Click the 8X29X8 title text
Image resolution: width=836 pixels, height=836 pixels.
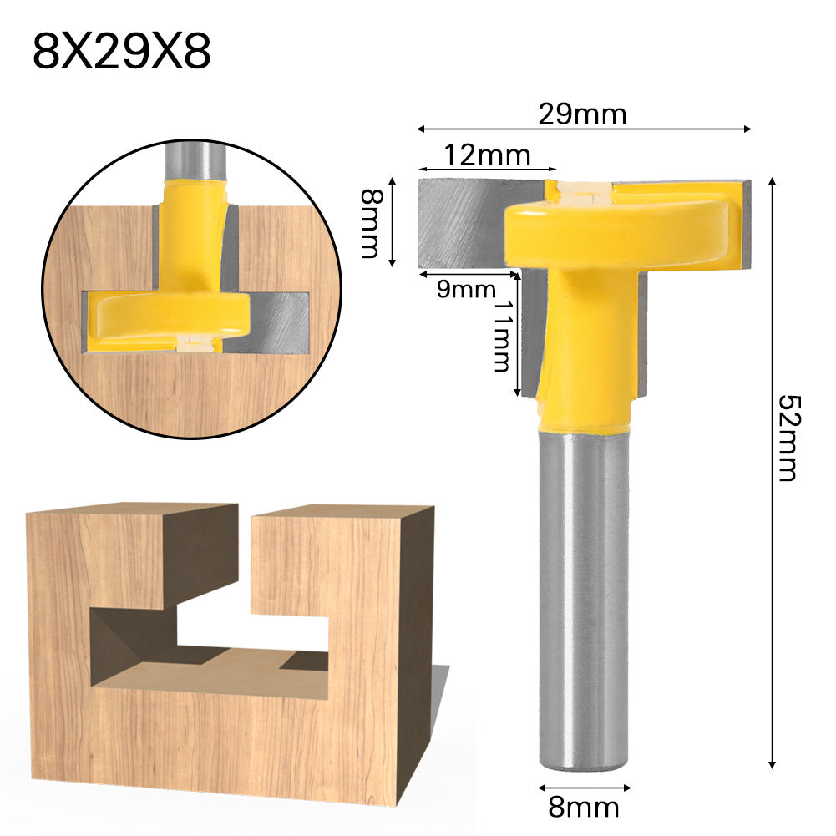122,52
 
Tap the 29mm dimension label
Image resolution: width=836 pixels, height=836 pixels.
581,114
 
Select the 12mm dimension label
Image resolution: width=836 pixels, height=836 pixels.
487,155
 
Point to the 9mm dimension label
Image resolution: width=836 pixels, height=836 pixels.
466,290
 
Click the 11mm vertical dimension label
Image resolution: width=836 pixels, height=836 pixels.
501,337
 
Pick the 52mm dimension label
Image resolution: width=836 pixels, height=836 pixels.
787,438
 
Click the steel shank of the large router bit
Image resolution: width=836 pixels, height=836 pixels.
583,601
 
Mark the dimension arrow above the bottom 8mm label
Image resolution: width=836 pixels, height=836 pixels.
583,787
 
